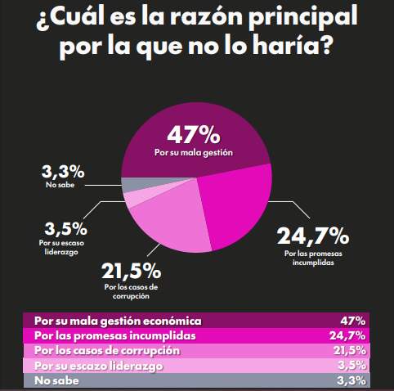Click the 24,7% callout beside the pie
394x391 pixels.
313,238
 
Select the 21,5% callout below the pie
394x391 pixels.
130,271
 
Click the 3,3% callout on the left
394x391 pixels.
62,172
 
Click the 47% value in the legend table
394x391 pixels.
354,320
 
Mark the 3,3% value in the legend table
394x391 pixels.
352,380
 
